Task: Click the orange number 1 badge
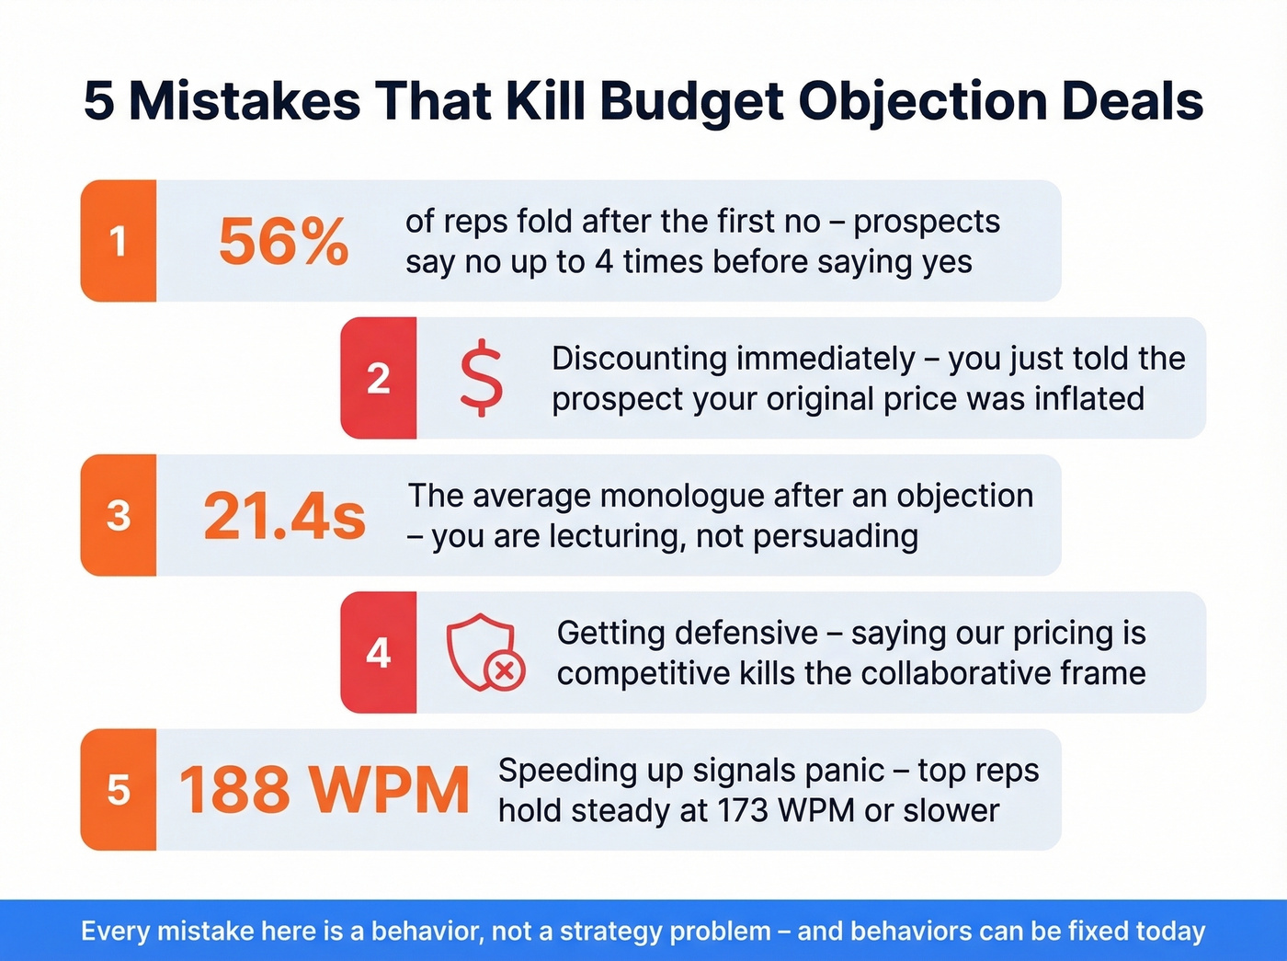pyautogui.click(x=119, y=241)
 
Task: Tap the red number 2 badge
pyautogui.click(x=379, y=378)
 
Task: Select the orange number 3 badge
pyautogui.click(x=119, y=515)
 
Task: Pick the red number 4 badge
pyautogui.click(x=379, y=653)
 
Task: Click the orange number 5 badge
pyautogui.click(x=119, y=790)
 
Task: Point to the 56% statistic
pyautogui.click(x=283, y=242)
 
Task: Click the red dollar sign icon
pyautogui.click(x=482, y=378)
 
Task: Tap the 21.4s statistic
pyautogui.click(x=284, y=516)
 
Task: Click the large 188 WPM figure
pyautogui.click(x=324, y=790)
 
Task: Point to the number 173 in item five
pyautogui.click(x=740, y=811)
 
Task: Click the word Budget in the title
pyautogui.click(x=692, y=100)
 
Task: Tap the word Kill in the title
pyautogui.click(x=546, y=100)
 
